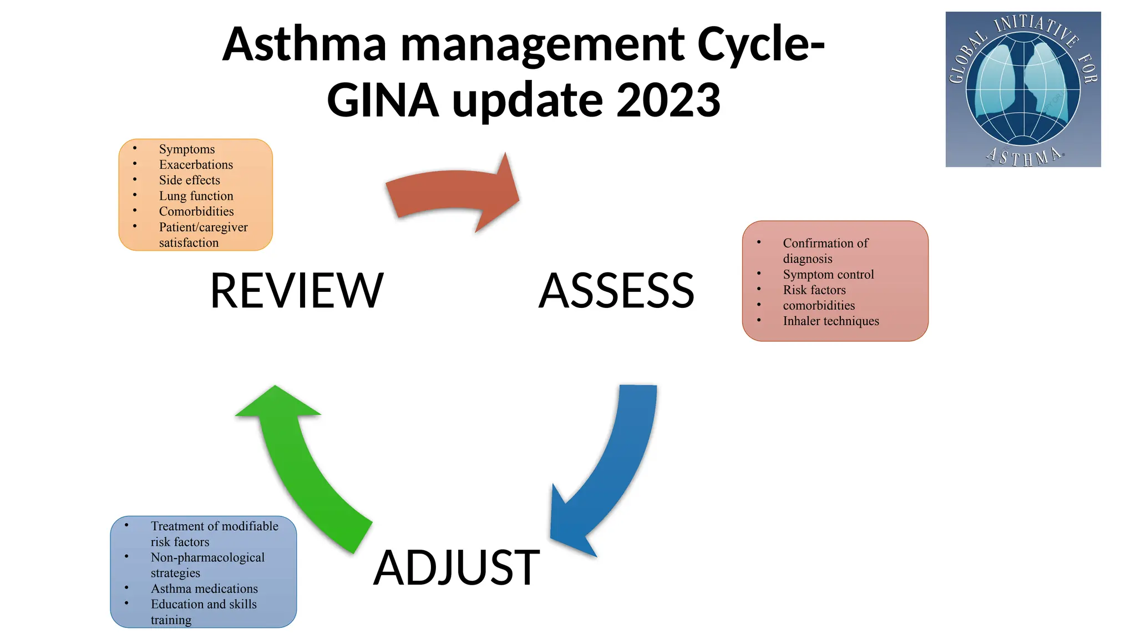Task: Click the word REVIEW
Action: click(x=297, y=291)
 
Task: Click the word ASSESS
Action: click(x=616, y=291)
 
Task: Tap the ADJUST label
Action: click(x=457, y=567)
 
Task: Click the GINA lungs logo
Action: click(x=1023, y=89)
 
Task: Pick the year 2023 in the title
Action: click(x=668, y=100)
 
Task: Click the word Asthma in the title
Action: click(x=305, y=44)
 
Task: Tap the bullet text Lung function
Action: click(x=196, y=196)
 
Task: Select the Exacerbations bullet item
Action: click(x=196, y=165)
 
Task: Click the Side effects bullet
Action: click(x=189, y=180)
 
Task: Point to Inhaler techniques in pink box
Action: click(x=830, y=321)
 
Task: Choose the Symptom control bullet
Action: click(x=828, y=275)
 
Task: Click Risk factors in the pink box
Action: click(x=814, y=290)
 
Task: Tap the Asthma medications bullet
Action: click(x=204, y=589)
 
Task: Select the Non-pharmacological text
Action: click(x=207, y=557)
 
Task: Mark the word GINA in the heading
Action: click(x=383, y=100)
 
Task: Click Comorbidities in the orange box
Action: click(x=196, y=211)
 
